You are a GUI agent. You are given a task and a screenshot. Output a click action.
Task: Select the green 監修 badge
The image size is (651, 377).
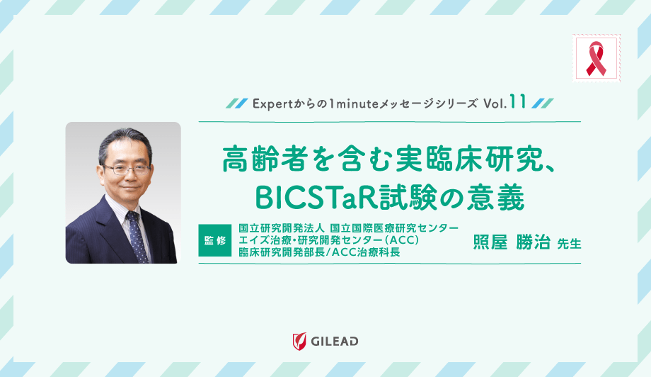coord(216,240)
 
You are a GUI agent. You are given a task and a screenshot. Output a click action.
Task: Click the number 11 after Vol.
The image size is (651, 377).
coord(517,102)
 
